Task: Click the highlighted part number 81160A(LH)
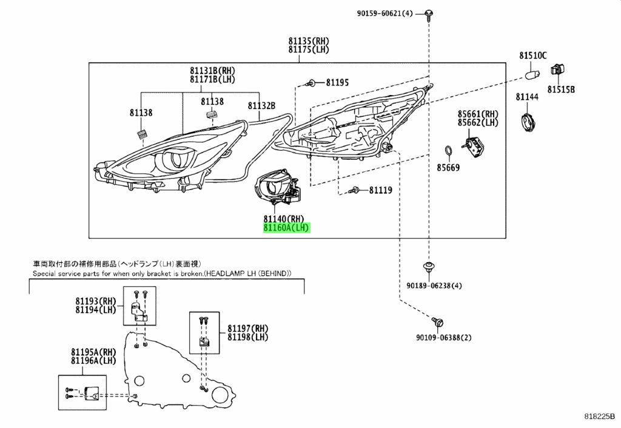(286, 228)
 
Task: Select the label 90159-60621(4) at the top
(384, 13)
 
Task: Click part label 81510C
(532, 56)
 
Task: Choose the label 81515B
(561, 90)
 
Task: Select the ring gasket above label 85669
(448, 151)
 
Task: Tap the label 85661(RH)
(478, 114)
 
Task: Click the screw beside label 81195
(311, 83)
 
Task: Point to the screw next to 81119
(354, 191)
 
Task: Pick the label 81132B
(261, 105)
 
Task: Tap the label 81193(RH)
(96, 301)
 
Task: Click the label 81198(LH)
(247, 337)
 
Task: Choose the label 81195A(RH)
(93, 352)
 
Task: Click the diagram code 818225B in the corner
(600, 416)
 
